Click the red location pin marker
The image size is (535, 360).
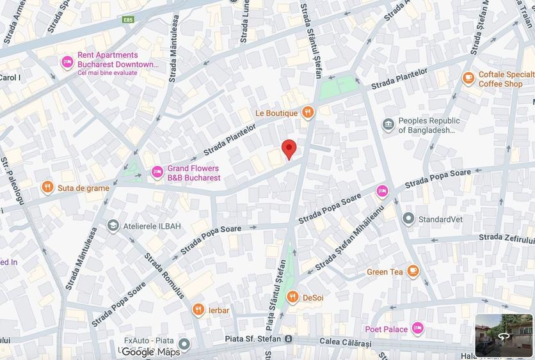click(x=289, y=148)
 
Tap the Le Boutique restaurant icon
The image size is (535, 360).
click(x=308, y=113)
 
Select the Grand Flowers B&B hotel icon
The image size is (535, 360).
click(x=157, y=172)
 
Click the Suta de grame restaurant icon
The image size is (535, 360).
click(x=47, y=187)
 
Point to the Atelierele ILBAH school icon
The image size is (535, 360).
click(x=113, y=225)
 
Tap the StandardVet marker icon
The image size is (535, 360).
click(x=408, y=219)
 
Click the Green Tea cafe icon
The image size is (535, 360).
click(x=413, y=271)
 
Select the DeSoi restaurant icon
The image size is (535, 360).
click(x=292, y=297)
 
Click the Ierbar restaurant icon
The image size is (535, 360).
click(x=198, y=310)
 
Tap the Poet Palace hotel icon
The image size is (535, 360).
click(x=418, y=329)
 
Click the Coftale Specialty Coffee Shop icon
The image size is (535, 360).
click(x=468, y=78)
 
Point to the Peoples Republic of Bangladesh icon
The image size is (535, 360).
click(x=388, y=125)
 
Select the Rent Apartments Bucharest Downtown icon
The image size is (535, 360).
click(x=67, y=63)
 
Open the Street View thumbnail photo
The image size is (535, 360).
click(x=504, y=335)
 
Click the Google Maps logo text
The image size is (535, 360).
click(x=151, y=352)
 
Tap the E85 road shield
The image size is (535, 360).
click(x=130, y=20)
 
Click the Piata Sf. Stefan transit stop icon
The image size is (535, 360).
click(x=289, y=338)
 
